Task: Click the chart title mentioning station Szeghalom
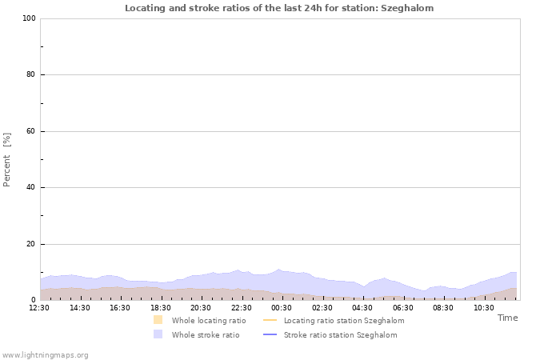(x=279, y=8)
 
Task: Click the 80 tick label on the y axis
(x=30, y=75)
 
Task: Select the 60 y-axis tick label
(x=30, y=131)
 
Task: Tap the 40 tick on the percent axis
(x=30, y=188)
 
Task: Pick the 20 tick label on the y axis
(x=30, y=244)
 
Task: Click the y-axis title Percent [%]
(x=7, y=159)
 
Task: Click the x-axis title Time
(x=507, y=318)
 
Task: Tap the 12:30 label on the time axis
(x=40, y=307)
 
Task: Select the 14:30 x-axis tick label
(x=80, y=307)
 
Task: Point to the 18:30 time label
(x=161, y=307)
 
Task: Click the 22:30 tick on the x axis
(x=242, y=307)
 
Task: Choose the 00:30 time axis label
(x=282, y=307)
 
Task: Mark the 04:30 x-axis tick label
(x=362, y=307)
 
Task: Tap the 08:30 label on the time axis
(x=443, y=307)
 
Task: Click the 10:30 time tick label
(x=483, y=307)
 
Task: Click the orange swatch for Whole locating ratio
(x=158, y=320)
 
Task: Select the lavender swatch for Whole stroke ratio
(x=158, y=334)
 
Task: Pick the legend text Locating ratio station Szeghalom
(x=344, y=320)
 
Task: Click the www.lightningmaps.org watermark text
(x=45, y=354)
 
